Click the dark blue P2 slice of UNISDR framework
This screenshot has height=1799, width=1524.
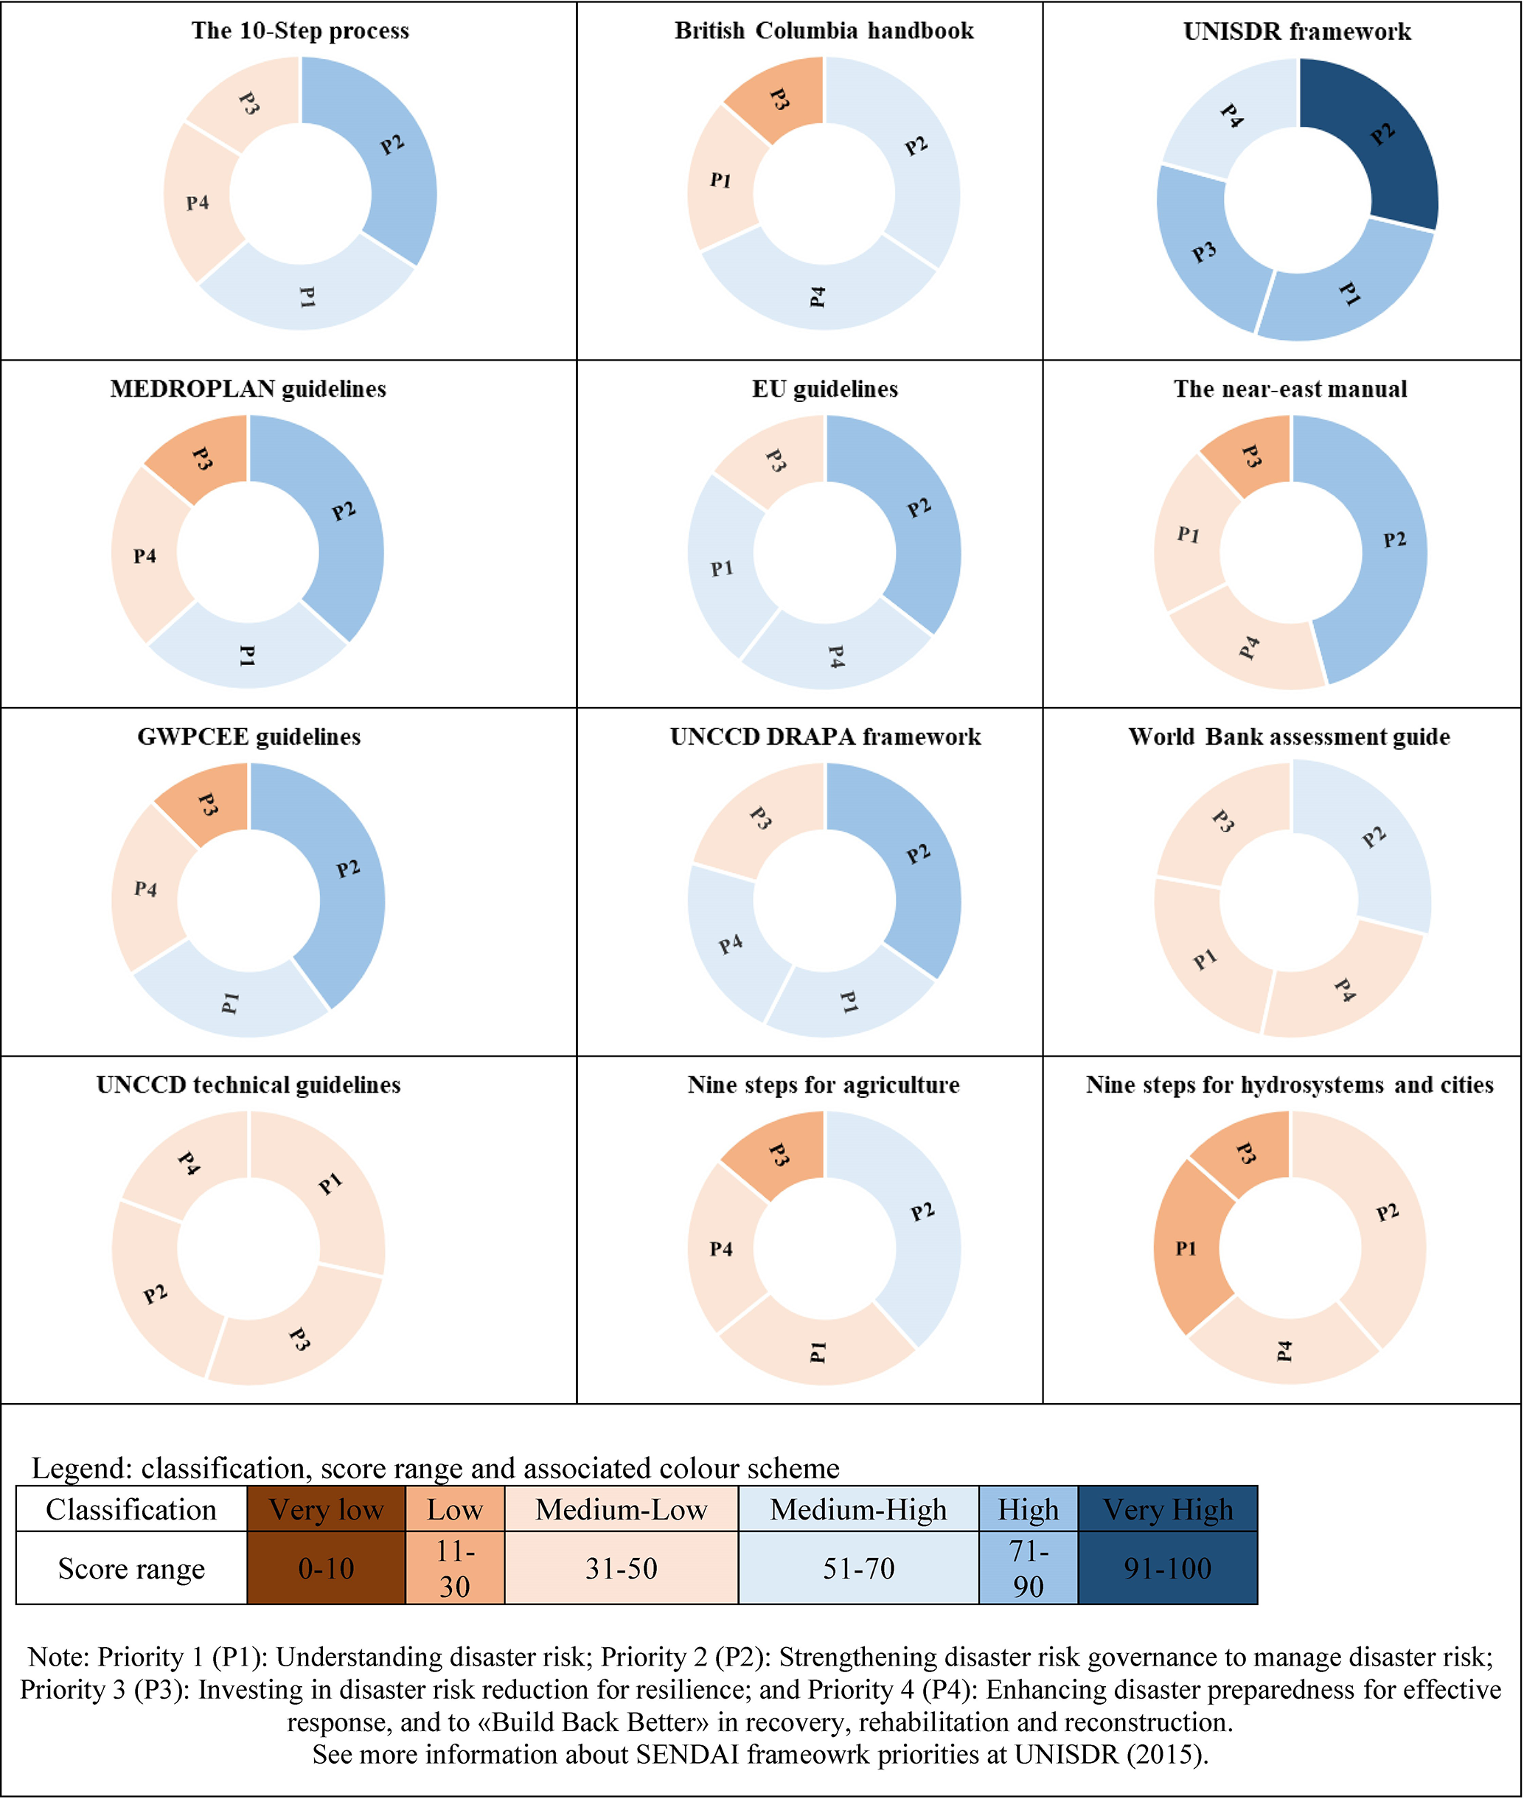point(1378,139)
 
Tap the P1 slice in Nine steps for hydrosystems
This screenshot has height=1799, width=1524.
point(1188,1248)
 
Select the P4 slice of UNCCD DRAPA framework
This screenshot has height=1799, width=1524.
point(730,942)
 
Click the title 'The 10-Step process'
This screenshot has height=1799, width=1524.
point(300,31)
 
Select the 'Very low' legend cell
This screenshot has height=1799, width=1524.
point(326,1509)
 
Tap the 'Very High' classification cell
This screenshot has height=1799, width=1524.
point(1167,1509)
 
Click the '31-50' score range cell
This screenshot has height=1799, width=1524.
point(622,1567)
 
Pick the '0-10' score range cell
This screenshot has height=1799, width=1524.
point(326,1567)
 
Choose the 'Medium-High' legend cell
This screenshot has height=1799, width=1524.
point(858,1509)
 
